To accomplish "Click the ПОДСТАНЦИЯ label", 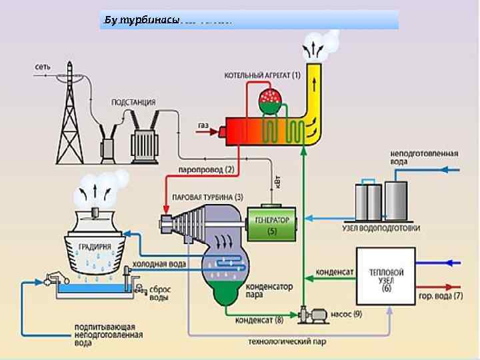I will click(133, 103).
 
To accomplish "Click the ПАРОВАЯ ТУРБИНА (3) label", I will click(207, 197).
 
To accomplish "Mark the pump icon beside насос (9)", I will click(311, 312).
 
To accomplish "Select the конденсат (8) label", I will click(259, 319).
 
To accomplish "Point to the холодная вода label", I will click(159, 263).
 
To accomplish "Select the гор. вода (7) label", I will click(439, 295).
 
